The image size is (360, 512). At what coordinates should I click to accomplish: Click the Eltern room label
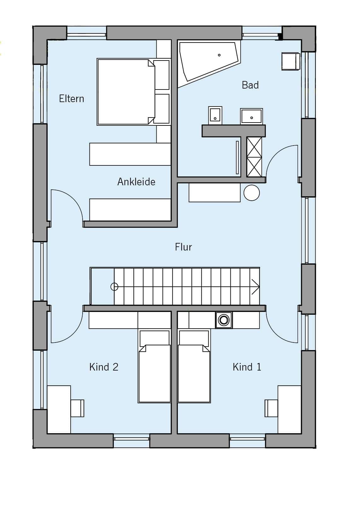[72, 99]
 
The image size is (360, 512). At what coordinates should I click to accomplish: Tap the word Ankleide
[136, 182]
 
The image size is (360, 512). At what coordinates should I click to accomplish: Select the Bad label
[250, 85]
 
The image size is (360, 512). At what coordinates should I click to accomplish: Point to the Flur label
[183, 247]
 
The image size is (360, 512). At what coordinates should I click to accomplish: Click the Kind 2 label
[104, 367]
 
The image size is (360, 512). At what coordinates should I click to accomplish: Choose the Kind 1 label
[247, 367]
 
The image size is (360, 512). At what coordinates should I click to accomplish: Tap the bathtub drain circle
[219, 55]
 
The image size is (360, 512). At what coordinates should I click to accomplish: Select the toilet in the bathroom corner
[291, 61]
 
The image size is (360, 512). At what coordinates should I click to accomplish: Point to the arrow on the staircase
[255, 287]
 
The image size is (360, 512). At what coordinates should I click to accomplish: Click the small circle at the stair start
[114, 287]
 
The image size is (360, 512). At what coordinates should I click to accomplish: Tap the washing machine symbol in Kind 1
[224, 320]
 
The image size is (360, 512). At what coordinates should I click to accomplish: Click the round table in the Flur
[252, 193]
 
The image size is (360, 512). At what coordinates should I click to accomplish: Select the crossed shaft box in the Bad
[254, 157]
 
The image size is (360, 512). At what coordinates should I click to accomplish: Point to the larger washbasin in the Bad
[251, 116]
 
